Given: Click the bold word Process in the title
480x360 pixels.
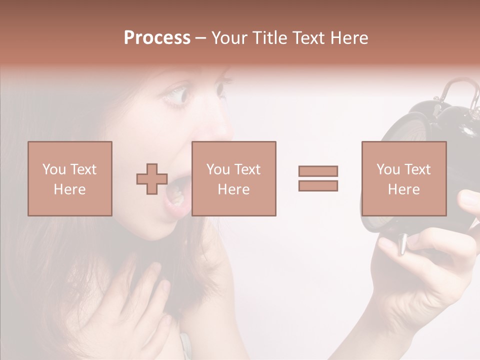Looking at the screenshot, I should coord(157,38).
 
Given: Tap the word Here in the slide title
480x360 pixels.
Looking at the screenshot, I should coord(348,38).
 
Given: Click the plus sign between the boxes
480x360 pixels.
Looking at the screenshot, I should coord(152,179).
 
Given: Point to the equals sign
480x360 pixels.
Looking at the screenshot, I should coord(318,178).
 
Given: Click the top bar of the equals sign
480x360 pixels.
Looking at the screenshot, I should coord(318,171).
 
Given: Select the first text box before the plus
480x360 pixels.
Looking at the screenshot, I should coord(70,178).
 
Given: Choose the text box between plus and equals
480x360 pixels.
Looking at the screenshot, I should coord(233,178).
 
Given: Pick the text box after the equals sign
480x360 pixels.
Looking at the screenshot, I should coord(403,178).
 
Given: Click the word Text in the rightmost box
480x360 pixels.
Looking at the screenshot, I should coord(417,169).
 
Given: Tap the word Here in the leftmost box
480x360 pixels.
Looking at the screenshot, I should coord(69,189).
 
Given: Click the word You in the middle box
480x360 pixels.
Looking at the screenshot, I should coord(218,169).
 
